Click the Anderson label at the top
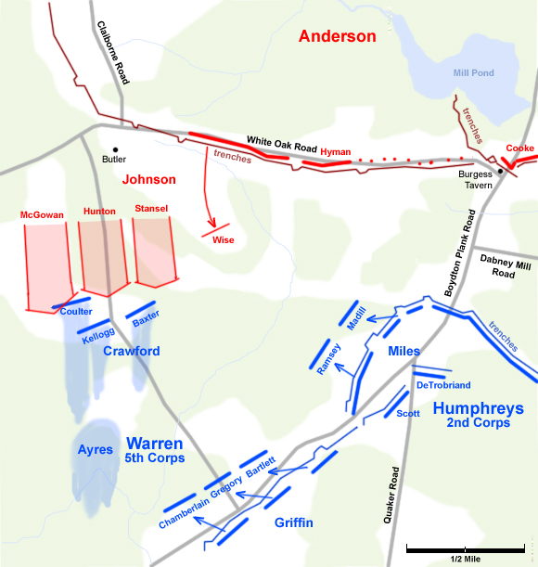pos(337,37)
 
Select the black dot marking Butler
pos(115,148)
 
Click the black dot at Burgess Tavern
pos(499,171)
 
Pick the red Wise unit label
pos(223,239)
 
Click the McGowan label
pos(42,215)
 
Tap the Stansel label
pos(151,209)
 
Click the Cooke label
pos(519,148)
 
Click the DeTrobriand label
pos(442,384)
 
